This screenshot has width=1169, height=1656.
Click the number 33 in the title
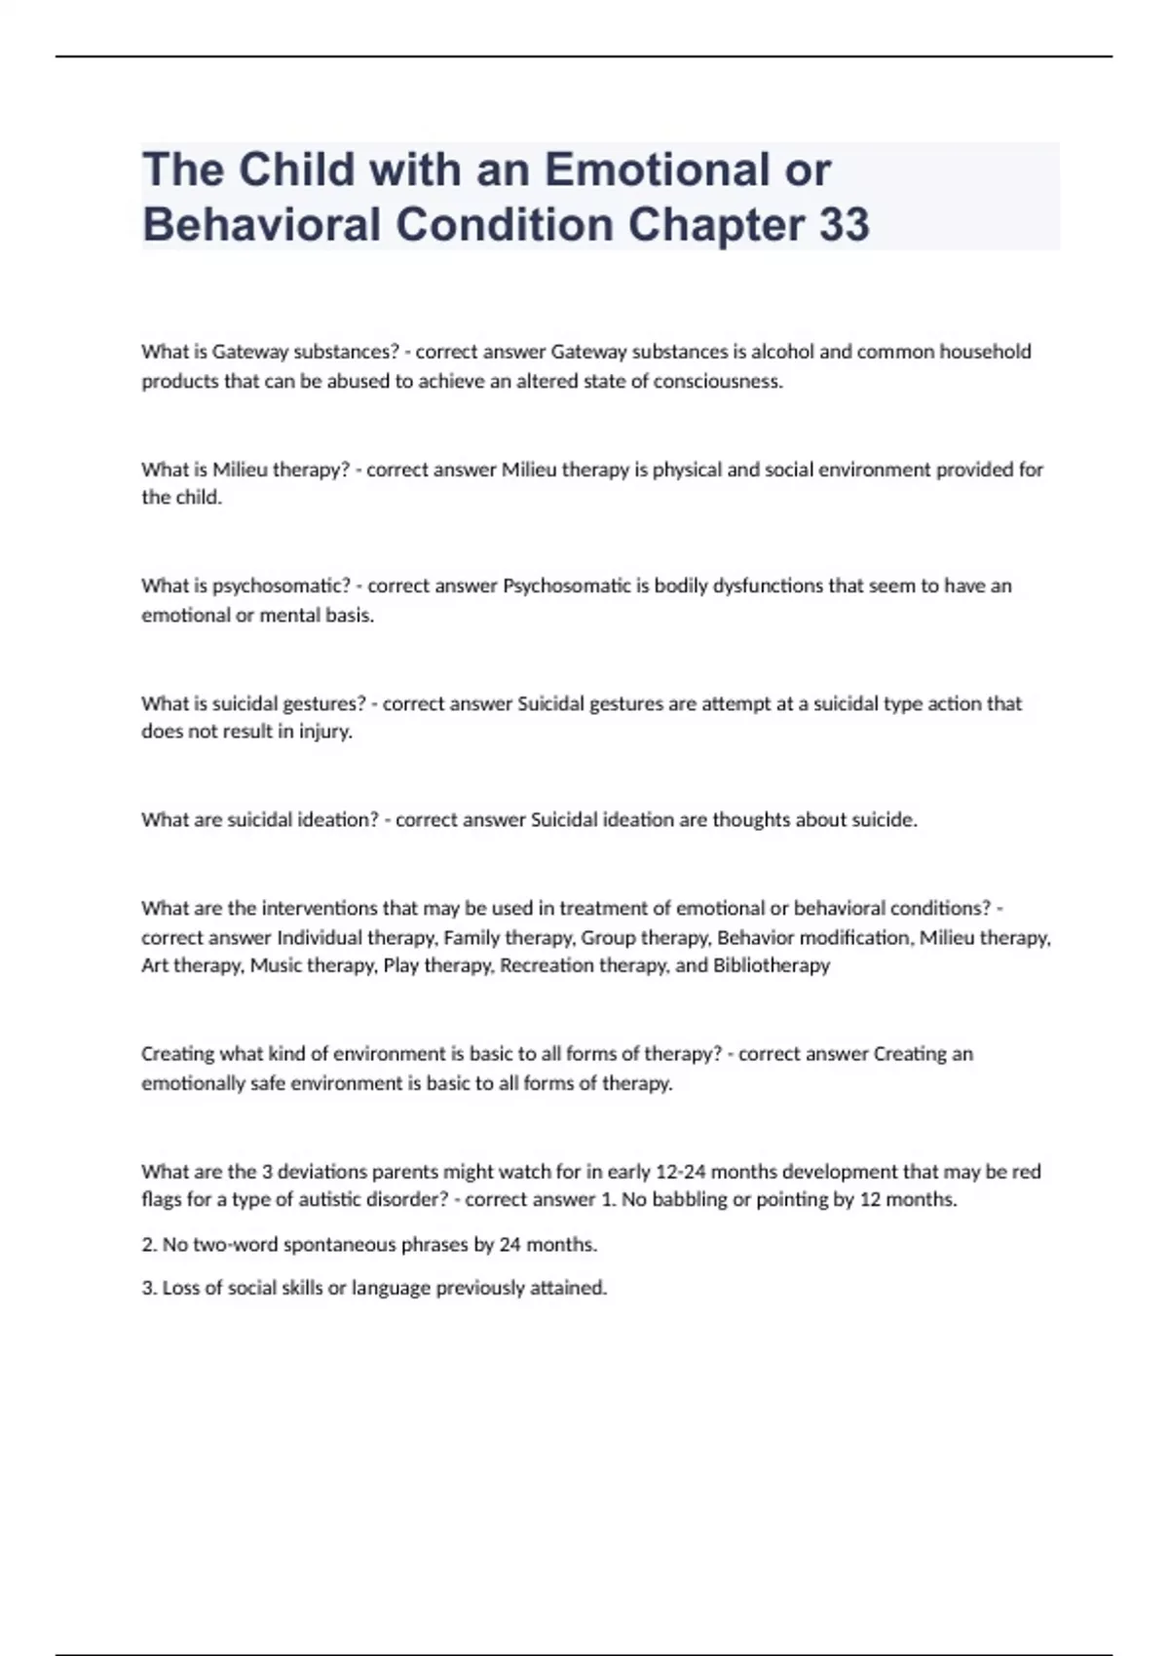[844, 224]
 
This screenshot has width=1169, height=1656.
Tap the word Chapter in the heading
[716, 224]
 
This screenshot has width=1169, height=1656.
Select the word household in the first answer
[985, 352]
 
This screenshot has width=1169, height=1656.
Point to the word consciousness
[718, 381]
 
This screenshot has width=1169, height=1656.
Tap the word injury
[325, 732]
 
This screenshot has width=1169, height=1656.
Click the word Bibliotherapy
[772, 965]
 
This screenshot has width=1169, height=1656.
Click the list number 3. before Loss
[149, 1288]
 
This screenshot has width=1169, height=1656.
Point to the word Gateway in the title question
[250, 352]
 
